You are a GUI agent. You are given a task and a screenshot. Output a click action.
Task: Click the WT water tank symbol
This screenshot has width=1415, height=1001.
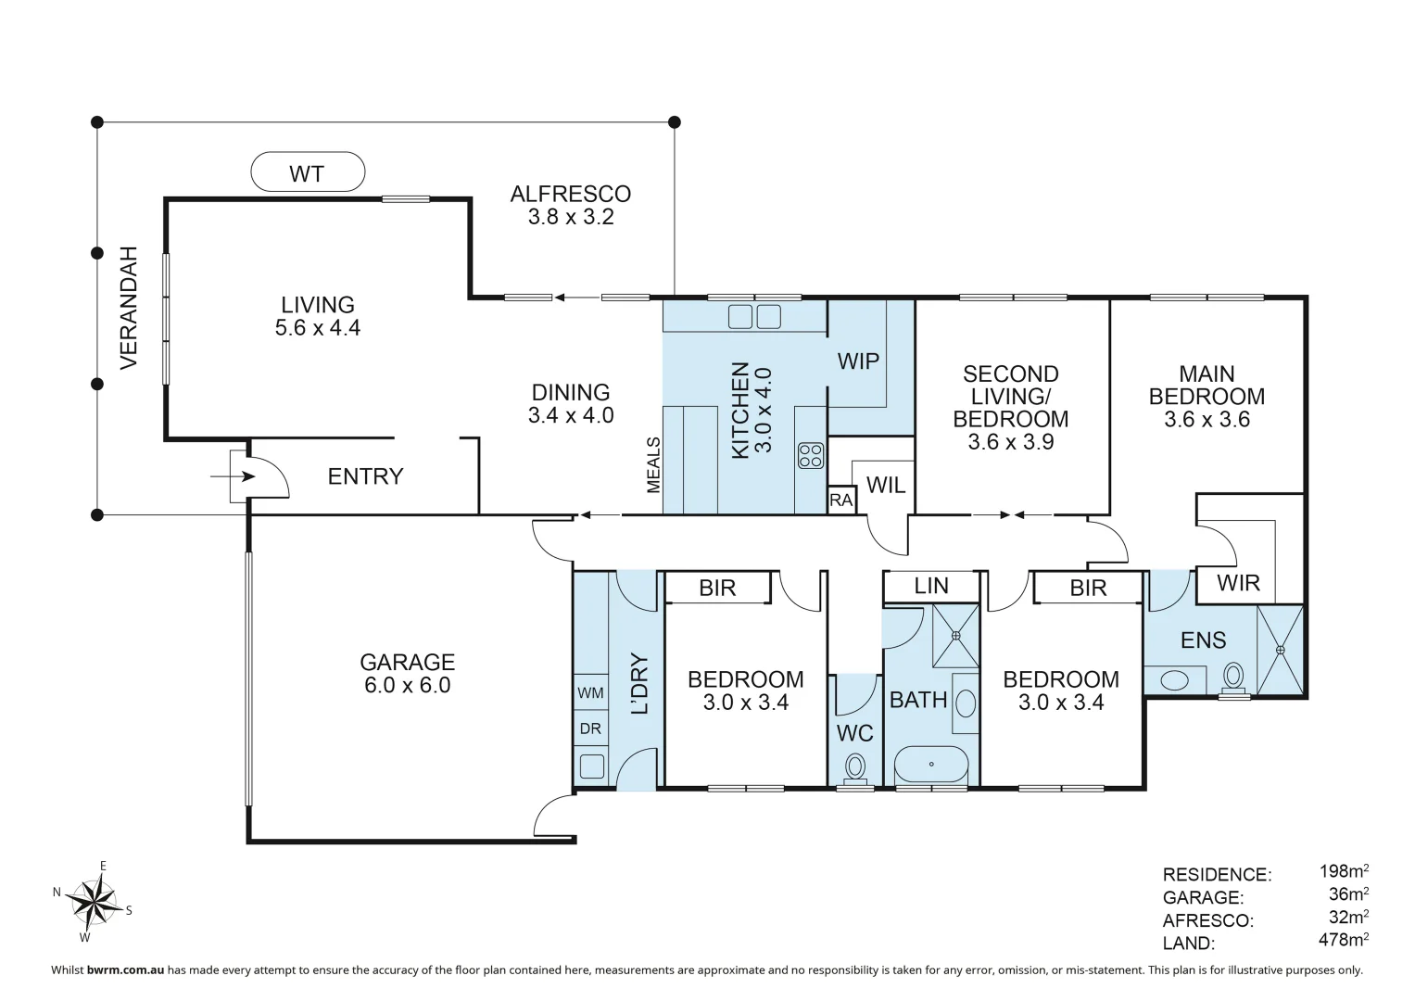[x=308, y=171]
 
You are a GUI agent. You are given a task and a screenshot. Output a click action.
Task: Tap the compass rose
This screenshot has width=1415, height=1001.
[x=94, y=902]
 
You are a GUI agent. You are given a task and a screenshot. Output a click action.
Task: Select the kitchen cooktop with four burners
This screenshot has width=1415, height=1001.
[x=811, y=456]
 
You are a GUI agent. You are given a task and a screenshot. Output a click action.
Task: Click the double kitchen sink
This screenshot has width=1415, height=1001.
[x=754, y=317]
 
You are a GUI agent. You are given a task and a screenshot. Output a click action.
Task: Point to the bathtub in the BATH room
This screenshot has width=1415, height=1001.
[x=931, y=765]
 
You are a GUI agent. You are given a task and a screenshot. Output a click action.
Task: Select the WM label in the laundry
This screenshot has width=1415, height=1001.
[x=590, y=692]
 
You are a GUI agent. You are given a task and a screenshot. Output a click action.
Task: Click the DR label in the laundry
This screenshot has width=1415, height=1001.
[x=590, y=729]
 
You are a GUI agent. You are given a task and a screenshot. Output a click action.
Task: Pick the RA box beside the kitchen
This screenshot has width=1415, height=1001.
[x=841, y=500]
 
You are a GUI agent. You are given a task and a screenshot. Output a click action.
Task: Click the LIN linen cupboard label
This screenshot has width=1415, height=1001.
[x=931, y=586]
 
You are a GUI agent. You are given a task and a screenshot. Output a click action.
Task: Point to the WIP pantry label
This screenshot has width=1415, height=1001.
[x=858, y=361]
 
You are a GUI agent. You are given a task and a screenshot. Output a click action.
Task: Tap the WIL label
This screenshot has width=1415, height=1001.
[x=886, y=486]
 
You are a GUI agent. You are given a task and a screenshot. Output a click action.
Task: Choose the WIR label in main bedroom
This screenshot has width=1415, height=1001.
[x=1238, y=583]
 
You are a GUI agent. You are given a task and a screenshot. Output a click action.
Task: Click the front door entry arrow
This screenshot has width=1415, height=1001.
[x=233, y=476]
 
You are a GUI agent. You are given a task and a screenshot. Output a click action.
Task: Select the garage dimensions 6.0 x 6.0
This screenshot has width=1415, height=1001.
[x=408, y=685]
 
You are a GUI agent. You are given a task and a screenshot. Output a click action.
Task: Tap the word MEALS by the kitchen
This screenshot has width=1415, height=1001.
[x=653, y=465]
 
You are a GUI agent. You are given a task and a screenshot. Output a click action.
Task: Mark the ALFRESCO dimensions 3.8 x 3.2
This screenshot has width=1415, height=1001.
[x=571, y=217]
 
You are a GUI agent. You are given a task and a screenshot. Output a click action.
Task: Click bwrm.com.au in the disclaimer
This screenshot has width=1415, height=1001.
[x=126, y=969]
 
